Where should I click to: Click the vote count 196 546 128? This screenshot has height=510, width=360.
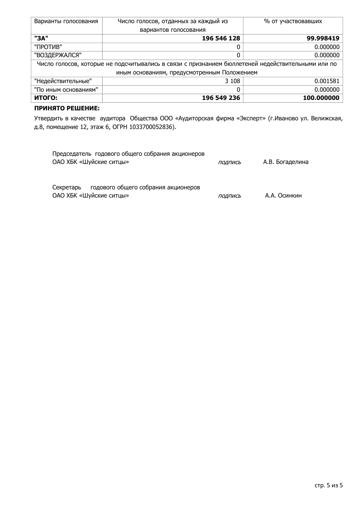click(221, 39)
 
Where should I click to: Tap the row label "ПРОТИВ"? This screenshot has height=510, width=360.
click(48, 47)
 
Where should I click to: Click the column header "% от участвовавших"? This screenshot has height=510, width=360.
click(293, 21)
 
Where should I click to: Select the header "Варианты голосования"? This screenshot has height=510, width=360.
click(66, 21)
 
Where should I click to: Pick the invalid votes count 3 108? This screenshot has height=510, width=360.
click(232, 81)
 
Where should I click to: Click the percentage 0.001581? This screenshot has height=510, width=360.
click(327, 81)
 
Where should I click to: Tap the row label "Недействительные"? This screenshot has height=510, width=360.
click(63, 81)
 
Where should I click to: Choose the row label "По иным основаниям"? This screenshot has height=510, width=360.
click(66, 90)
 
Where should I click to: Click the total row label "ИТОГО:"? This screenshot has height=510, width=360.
click(46, 98)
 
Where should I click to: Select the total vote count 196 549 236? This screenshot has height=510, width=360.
click(221, 98)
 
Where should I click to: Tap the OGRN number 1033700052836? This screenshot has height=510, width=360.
click(152, 127)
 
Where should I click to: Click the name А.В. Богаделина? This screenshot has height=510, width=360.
click(286, 162)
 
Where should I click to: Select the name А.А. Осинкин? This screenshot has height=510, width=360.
click(283, 196)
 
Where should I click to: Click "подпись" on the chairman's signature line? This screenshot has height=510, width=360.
click(230, 162)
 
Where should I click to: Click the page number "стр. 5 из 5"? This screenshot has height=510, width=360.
click(329, 485)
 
